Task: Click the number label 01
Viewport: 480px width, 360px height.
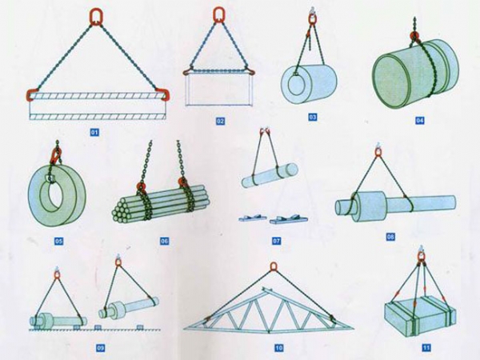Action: [94, 132]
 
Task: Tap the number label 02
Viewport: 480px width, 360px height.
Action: [220, 122]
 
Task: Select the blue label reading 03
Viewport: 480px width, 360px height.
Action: [312, 117]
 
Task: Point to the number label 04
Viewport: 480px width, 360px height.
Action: [420, 121]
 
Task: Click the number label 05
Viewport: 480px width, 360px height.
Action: [58, 242]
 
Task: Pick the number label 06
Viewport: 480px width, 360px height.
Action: [165, 241]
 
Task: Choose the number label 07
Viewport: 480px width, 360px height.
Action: [277, 241]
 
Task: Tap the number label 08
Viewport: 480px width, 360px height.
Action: [390, 237]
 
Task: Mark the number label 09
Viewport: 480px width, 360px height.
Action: [101, 348]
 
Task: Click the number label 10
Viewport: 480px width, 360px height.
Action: [278, 348]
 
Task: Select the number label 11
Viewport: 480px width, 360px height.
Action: [426, 348]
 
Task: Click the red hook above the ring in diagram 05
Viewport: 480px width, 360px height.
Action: [55, 155]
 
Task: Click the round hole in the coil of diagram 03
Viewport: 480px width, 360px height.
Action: [295, 85]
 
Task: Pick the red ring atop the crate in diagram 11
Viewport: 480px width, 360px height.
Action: [422, 261]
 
